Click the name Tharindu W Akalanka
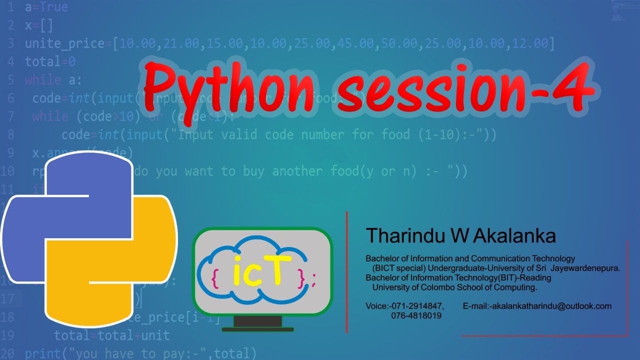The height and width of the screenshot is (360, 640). point(460,235)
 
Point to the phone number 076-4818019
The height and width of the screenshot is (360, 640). point(416,316)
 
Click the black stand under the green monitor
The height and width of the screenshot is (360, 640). point(257,323)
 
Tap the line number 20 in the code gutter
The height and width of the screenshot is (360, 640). point(7,353)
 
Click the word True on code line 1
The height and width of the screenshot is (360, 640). point(53,8)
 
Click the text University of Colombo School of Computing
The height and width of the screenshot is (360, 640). point(454,287)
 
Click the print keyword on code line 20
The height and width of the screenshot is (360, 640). point(43,353)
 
